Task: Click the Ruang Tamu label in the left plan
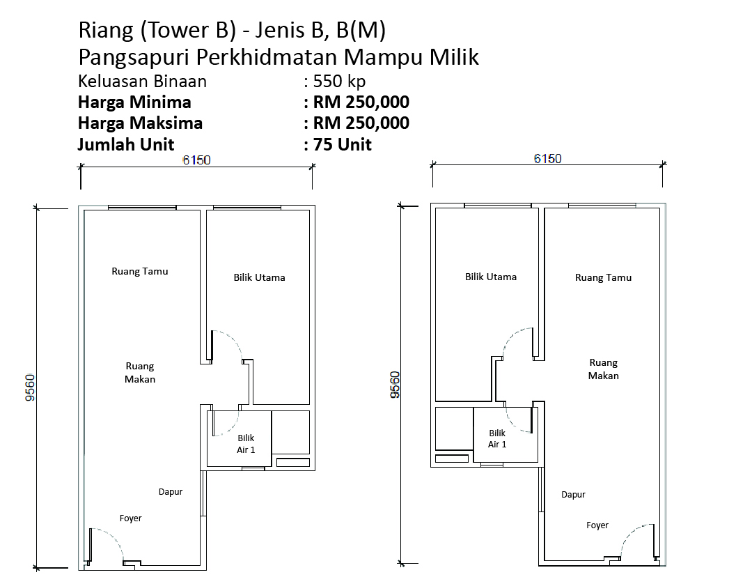point(139,271)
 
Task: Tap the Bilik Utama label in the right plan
point(491,277)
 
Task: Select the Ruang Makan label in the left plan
point(139,373)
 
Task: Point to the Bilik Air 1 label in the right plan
point(497,439)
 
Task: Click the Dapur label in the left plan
point(171,492)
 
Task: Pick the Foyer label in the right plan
point(597,525)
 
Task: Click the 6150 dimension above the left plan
point(196,160)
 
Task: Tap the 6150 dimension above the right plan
point(548,158)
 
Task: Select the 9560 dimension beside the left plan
point(30,387)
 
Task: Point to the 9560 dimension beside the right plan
point(395,385)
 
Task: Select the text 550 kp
point(339,81)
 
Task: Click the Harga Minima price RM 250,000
point(361,102)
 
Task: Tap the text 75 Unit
point(343,144)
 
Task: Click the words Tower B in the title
point(188,30)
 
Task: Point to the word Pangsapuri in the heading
point(135,58)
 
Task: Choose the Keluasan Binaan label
point(142,81)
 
